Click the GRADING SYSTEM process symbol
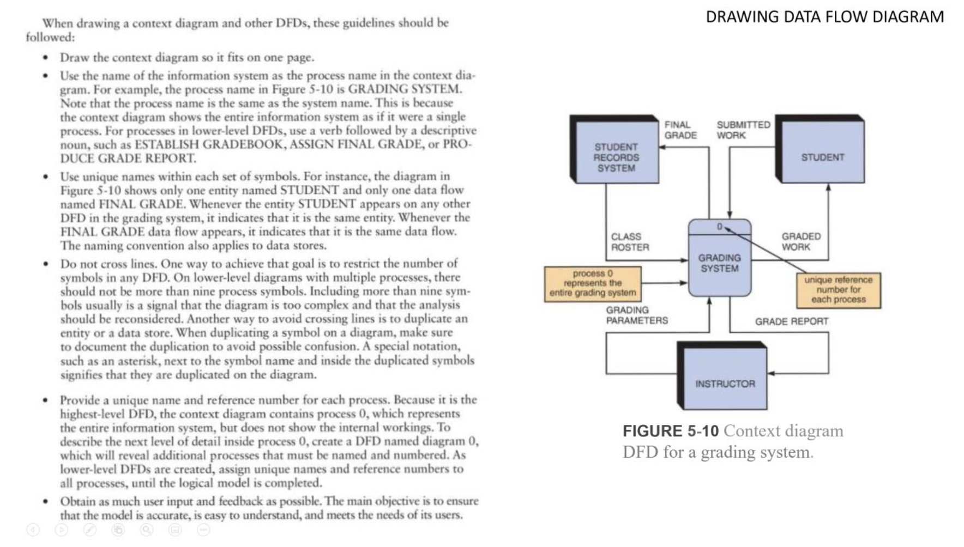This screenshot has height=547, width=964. pos(719,263)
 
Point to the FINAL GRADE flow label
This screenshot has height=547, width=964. pos(679,130)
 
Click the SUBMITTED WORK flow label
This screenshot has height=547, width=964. pos(743,130)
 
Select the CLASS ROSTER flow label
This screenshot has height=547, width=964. pos(629,242)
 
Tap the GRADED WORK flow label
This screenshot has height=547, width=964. pos(800,241)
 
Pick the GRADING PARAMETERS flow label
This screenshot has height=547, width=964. pos(636,315)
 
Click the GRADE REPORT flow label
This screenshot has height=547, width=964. pos(791,321)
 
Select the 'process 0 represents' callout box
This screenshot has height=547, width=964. pos(593,283)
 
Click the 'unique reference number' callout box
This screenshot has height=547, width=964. pos(838,290)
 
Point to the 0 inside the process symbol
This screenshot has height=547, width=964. pos(720,227)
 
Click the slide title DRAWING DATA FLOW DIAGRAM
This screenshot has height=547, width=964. pos(824,17)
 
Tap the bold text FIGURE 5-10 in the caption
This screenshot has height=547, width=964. pos(671,431)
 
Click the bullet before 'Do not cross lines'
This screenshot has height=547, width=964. pos(46,264)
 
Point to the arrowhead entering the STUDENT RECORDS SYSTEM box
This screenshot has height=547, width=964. pos(662,147)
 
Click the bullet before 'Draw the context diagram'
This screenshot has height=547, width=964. pos(46,58)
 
